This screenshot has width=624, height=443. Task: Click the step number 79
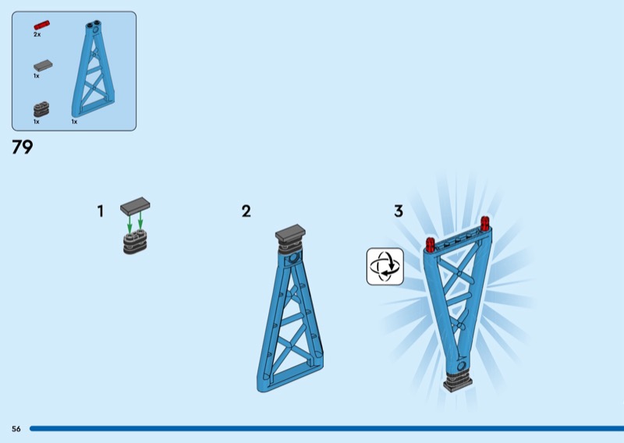[23, 147]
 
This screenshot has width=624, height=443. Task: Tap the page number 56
[16, 429]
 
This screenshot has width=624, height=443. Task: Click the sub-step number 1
[101, 211]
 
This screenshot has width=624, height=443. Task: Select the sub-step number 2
[246, 211]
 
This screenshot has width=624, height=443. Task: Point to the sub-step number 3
[399, 211]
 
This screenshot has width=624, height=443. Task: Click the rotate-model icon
[385, 266]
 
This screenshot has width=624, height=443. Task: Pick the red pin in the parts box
[42, 25]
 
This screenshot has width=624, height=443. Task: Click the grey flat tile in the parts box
[43, 66]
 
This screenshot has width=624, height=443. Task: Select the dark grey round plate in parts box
[41, 109]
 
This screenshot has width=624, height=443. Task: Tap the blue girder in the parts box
[93, 69]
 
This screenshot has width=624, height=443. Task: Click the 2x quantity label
[37, 34]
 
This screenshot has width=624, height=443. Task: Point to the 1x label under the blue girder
[74, 122]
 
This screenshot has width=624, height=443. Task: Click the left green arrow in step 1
[129, 224]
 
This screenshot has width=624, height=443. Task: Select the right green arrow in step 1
[140, 221]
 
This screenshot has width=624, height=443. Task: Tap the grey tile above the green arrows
[135, 204]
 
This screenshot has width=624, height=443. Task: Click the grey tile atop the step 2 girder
[290, 232]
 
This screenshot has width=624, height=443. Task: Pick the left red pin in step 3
[431, 244]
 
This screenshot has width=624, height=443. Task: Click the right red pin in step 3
[485, 223]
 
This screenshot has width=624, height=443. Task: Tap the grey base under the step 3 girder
[458, 381]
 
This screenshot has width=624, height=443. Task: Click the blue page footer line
[327, 429]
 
